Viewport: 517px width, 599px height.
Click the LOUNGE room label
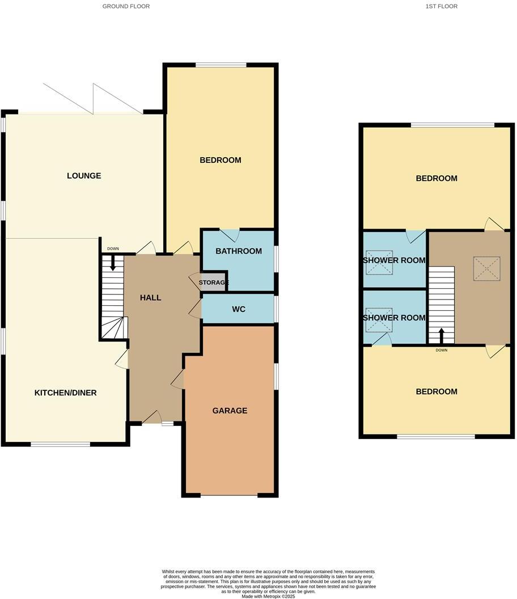pos(84,176)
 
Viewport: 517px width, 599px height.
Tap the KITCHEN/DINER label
pos(66,393)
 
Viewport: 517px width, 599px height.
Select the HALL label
pos(150,298)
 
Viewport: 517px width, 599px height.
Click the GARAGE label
pos(230,411)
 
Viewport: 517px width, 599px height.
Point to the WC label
pos(238,310)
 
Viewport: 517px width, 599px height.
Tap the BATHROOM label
pos(239,251)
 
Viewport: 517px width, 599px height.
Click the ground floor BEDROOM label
pos(220,160)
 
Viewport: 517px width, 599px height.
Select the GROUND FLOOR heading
pos(126,6)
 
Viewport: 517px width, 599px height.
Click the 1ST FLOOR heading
pos(442,6)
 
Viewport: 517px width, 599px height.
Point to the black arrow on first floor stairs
pos(442,335)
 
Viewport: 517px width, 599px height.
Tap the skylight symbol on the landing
pos(487,268)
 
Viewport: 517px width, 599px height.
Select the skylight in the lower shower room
pos(379,319)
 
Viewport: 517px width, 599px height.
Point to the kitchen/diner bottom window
pos(60,444)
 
